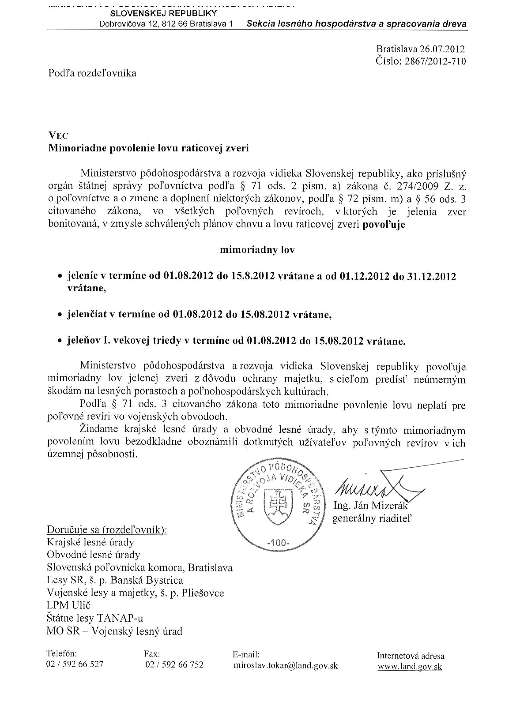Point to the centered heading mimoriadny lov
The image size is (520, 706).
coord(257,250)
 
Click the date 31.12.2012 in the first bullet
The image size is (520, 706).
coord(432,276)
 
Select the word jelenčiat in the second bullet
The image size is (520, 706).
coord(87,314)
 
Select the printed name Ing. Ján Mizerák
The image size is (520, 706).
coord(370,506)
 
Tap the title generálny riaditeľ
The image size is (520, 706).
coord(372,518)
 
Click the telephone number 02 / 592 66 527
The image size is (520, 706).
coord(75,664)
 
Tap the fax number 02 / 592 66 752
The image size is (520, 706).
coord(174,664)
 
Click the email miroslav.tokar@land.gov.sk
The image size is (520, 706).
coord(286,665)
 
